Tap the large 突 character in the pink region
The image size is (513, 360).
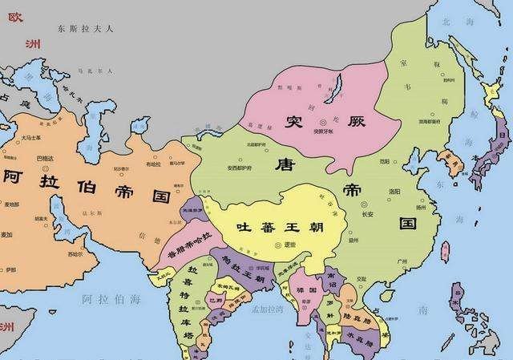[x=294, y=122]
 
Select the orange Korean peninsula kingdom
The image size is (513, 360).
[x=455, y=164]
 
